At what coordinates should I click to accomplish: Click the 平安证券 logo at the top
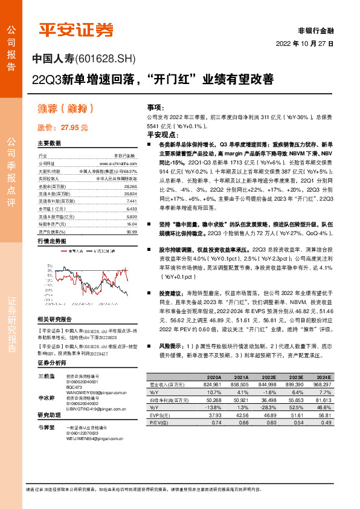tap(76, 30)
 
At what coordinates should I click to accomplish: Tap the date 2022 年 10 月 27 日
tap(305, 44)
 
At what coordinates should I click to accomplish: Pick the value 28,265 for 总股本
tap(130, 187)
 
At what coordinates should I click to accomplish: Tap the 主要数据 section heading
tap(49, 144)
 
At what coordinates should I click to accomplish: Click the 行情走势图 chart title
tap(52, 241)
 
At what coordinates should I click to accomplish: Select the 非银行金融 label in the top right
tap(315, 30)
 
